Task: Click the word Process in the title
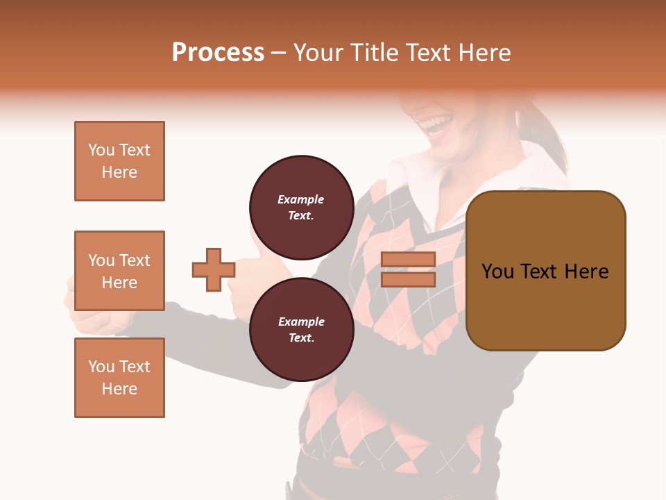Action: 218,53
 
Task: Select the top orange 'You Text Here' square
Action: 119,161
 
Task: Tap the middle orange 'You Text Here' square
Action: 119,271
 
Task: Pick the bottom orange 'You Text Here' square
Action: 119,378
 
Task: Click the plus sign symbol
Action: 214,270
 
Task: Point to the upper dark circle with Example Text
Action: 301,207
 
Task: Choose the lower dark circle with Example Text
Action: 301,329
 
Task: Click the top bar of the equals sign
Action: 409,260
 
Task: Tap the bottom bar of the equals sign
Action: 409,279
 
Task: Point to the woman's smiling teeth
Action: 437,126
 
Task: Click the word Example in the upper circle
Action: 301,199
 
